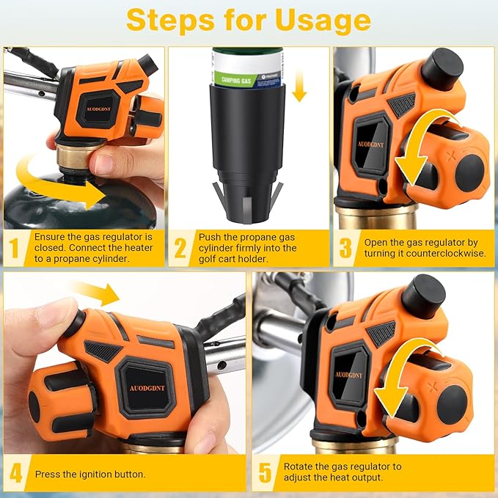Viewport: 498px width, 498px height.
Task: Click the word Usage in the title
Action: pyautogui.click(x=323, y=21)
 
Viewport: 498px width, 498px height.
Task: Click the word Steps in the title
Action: pyautogui.click(x=171, y=20)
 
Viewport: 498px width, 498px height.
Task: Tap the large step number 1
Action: pyautogui.click(x=14, y=248)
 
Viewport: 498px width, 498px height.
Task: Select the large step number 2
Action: pyautogui.click(x=180, y=248)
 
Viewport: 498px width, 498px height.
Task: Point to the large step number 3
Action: pyautogui.click(x=345, y=248)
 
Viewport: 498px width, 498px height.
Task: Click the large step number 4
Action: pyautogui.click(x=16, y=473)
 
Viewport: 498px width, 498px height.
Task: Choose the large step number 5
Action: pyautogui.click(x=266, y=473)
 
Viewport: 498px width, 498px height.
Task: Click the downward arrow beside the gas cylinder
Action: pyautogui.click(x=299, y=86)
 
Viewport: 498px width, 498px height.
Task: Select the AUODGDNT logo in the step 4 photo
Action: pyautogui.click(x=147, y=388)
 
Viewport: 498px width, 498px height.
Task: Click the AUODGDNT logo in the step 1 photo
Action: pyautogui.click(x=98, y=109)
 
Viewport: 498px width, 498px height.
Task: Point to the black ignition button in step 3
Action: pyautogui.click(x=442, y=69)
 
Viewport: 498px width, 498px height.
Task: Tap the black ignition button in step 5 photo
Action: pyautogui.click(x=424, y=296)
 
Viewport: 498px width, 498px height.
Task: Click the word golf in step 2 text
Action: pyautogui.click(x=206, y=259)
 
